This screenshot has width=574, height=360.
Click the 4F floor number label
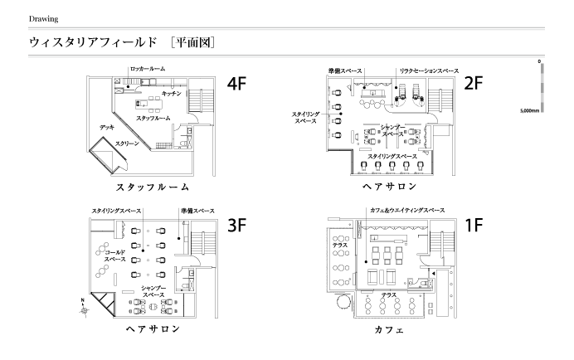[236, 84]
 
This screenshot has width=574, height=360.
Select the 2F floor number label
[474, 83]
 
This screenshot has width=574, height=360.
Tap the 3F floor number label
[237, 225]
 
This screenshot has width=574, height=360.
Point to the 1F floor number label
[474, 225]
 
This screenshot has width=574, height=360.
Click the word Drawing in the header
[44, 19]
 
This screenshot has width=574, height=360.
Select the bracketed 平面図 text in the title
[192, 42]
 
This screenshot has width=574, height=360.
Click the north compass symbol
[85, 309]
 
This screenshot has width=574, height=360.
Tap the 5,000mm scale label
[529, 110]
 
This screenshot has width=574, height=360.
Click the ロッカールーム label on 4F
[148, 69]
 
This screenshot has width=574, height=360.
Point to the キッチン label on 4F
[172, 94]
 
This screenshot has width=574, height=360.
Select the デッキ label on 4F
[107, 127]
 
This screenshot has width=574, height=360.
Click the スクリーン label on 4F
[127, 144]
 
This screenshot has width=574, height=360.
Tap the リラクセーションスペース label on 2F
[429, 71]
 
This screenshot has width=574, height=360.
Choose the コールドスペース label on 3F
[115, 255]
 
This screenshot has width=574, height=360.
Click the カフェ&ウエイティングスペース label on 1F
[407, 210]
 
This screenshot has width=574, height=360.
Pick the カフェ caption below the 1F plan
[389, 329]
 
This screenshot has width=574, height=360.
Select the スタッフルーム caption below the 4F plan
[153, 187]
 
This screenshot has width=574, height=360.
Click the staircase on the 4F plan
[201, 100]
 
